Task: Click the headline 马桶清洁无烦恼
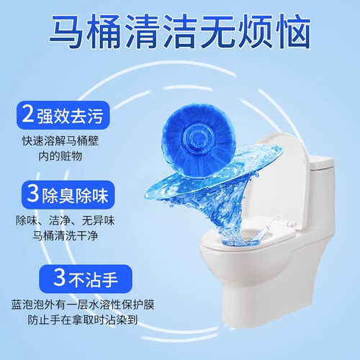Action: pyautogui.click(x=180, y=31)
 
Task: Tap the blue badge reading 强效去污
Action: pyautogui.click(x=63, y=115)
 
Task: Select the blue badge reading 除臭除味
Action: pyautogui.click(x=68, y=195)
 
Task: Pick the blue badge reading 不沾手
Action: pyautogui.click(x=86, y=279)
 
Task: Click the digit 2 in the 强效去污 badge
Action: pyautogui.click(x=27, y=114)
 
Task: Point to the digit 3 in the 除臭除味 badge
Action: pyautogui.click(x=33, y=194)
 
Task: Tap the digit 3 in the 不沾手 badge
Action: pyautogui.click(x=59, y=278)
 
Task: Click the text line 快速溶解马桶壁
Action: pyautogui.click(x=60, y=140)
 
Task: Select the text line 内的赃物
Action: pyautogui.click(x=60, y=156)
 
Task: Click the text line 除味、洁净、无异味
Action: pyautogui.click(x=66, y=220)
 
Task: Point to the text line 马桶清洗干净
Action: pyautogui.click(x=66, y=235)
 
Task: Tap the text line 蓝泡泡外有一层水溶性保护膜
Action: pyautogui.click(x=83, y=305)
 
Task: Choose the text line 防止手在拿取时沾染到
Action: pyautogui.click(x=83, y=320)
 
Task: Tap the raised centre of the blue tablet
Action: pyautogui.click(x=199, y=139)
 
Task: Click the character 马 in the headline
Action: pyautogui.click(x=66, y=32)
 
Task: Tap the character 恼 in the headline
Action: pyautogui.click(x=293, y=32)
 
